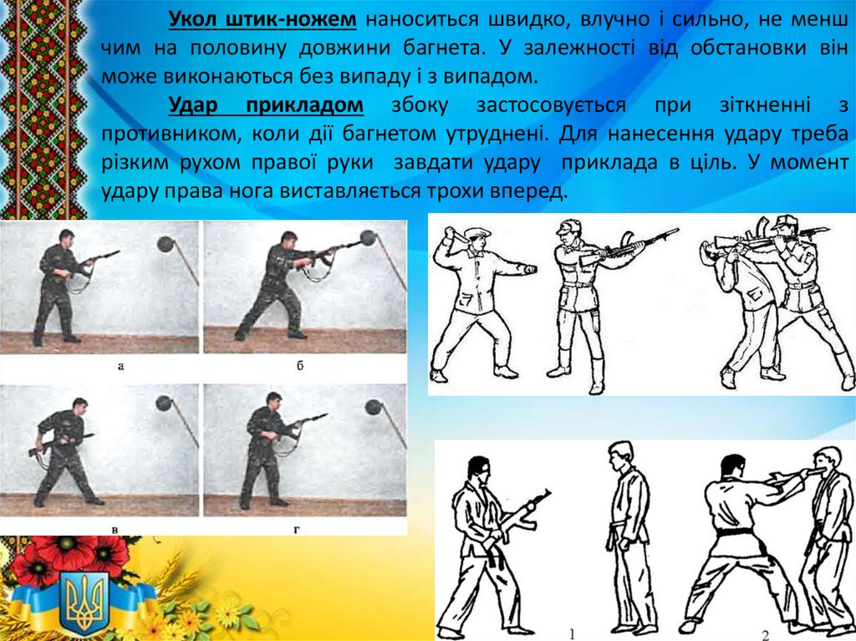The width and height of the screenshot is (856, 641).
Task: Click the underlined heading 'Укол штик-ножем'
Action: [x=262, y=20]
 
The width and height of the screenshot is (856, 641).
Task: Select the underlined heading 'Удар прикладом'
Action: [x=266, y=104]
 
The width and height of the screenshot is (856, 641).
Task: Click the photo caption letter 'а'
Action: [x=120, y=366]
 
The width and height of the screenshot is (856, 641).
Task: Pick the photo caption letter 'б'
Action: [x=300, y=365]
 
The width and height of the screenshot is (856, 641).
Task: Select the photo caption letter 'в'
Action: [x=115, y=528]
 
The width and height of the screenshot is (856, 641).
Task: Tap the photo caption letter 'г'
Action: [x=298, y=528]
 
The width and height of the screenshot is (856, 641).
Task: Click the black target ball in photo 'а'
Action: [x=166, y=243]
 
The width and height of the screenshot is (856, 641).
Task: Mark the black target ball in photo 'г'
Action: [x=374, y=407]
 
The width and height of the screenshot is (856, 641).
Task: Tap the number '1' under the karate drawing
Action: [x=572, y=634]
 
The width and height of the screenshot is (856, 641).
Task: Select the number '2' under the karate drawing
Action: [x=766, y=634]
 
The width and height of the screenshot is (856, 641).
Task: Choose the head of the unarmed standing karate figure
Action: [x=621, y=456]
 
